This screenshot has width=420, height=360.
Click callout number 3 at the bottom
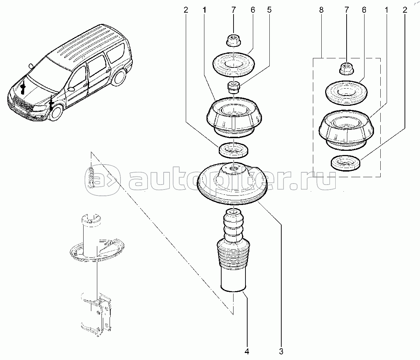click(x=281, y=351)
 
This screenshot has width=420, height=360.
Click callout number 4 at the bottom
click(x=247, y=351)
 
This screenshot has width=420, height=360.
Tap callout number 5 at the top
click(x=269, y=10)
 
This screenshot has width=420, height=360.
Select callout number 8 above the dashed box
click(x=321, y=10)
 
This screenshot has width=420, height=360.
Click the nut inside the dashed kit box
click(x=346, y=67)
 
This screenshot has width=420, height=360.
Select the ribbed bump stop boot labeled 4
click(x=232, y=253)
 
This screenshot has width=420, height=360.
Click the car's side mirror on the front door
click(x=71, y=89)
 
